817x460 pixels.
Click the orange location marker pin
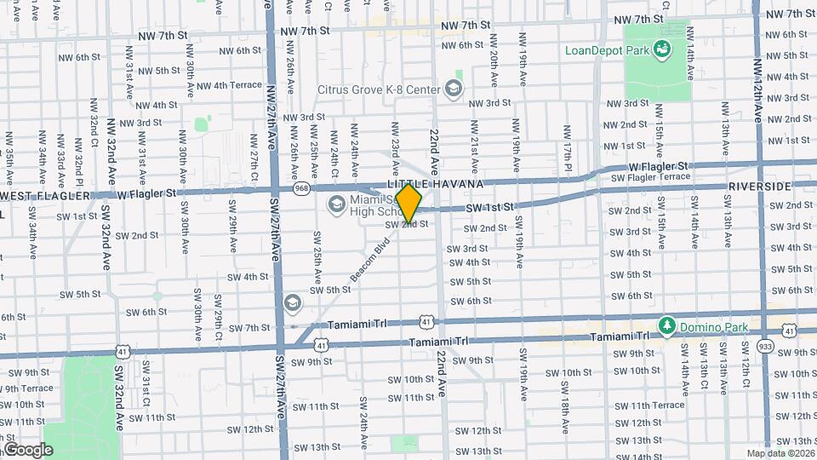[x=408, y=203]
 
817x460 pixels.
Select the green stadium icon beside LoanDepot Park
[x=660, y=50]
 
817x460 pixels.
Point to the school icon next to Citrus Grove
[x=454, y=89]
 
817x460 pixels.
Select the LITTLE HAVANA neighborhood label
[x=435, y=184]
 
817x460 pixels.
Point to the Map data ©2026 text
[x=780, y=453]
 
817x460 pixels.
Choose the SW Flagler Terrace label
[x=651, y=177]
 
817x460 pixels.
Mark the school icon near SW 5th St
[x=293, y=303]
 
